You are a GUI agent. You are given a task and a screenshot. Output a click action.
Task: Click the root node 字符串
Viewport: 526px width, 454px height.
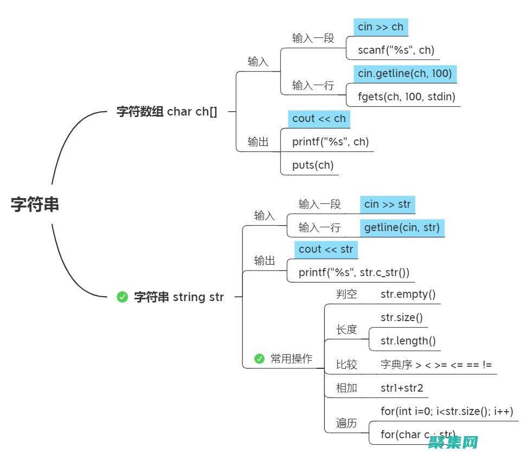click(35, 204)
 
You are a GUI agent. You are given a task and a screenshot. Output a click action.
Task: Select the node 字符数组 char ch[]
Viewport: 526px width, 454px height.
click(167, 112)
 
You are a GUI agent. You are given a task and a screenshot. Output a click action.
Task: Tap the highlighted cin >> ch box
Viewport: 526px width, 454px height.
click(381, 27)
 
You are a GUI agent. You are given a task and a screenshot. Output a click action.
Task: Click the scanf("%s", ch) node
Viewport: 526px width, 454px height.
click(396, 50)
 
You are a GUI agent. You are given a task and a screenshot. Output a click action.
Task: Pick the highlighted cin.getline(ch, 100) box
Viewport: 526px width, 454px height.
click(405, 73)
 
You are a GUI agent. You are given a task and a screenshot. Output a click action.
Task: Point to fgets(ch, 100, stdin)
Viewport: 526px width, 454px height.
click(406, 97)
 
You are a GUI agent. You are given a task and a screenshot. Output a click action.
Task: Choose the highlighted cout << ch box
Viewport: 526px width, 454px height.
click(319, 118)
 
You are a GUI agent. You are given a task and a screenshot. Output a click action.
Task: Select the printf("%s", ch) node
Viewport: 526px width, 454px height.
click(330, 142)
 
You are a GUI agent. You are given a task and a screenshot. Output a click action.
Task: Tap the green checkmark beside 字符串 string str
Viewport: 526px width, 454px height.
click(123, 297)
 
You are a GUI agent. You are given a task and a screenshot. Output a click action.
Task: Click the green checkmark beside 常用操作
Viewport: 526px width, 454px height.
click(259, 359)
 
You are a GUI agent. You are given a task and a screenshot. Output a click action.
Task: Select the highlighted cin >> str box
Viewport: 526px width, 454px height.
click(387, 204)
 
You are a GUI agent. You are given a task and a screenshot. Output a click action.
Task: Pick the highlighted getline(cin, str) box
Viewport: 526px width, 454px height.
click(402, 227)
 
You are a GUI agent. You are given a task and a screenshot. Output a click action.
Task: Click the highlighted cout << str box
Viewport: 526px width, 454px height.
click(326, 250)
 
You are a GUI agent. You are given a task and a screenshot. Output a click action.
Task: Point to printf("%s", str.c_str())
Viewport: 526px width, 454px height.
click(354, 272)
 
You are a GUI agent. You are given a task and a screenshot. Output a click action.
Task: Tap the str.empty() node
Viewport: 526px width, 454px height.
click(408, 295)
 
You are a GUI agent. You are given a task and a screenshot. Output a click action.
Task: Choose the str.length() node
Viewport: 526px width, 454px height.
click(408, 341)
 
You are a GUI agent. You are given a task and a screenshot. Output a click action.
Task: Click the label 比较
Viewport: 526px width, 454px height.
click(347, 365)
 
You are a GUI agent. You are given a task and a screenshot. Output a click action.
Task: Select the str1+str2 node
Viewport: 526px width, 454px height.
click(402, 388)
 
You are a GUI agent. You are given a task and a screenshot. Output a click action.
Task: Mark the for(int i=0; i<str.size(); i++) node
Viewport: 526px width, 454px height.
click(447, 411)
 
